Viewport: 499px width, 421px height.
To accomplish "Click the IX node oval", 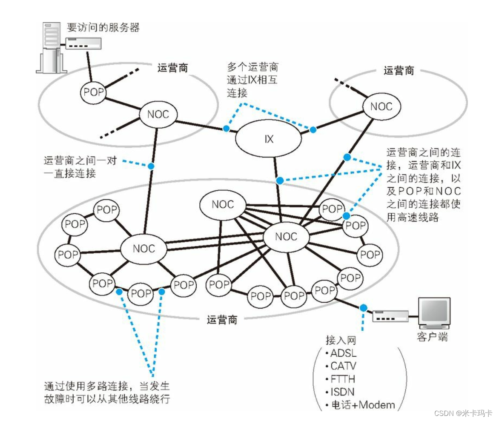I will (x=269, y=139).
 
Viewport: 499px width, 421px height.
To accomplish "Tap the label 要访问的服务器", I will (x=103, y=28).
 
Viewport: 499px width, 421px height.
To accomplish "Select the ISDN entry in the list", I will (x=342, y=392).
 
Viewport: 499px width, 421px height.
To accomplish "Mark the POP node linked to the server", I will (x=93, y=92).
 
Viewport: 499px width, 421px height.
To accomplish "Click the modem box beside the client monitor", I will (x=390, y=316).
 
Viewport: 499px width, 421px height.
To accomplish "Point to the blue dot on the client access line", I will (x=363, y=307).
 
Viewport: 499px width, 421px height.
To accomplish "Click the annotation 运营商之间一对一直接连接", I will (x=80, y=167).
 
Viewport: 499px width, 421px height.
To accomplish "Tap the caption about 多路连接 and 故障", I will (x=106, y=393).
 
